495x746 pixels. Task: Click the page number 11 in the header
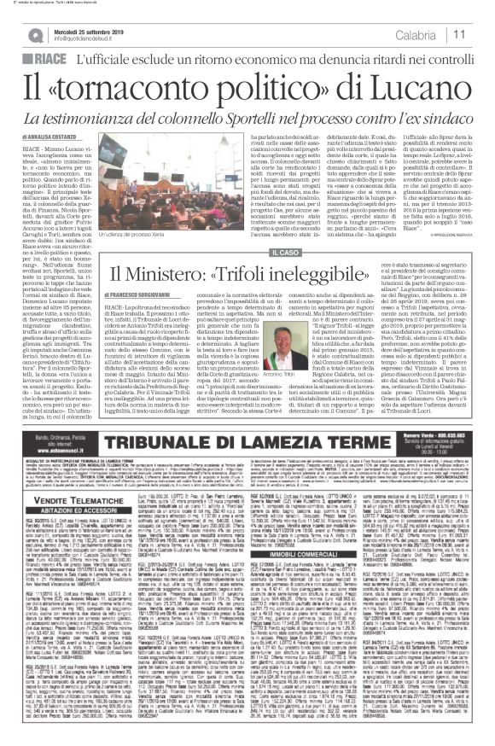[458, 33]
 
